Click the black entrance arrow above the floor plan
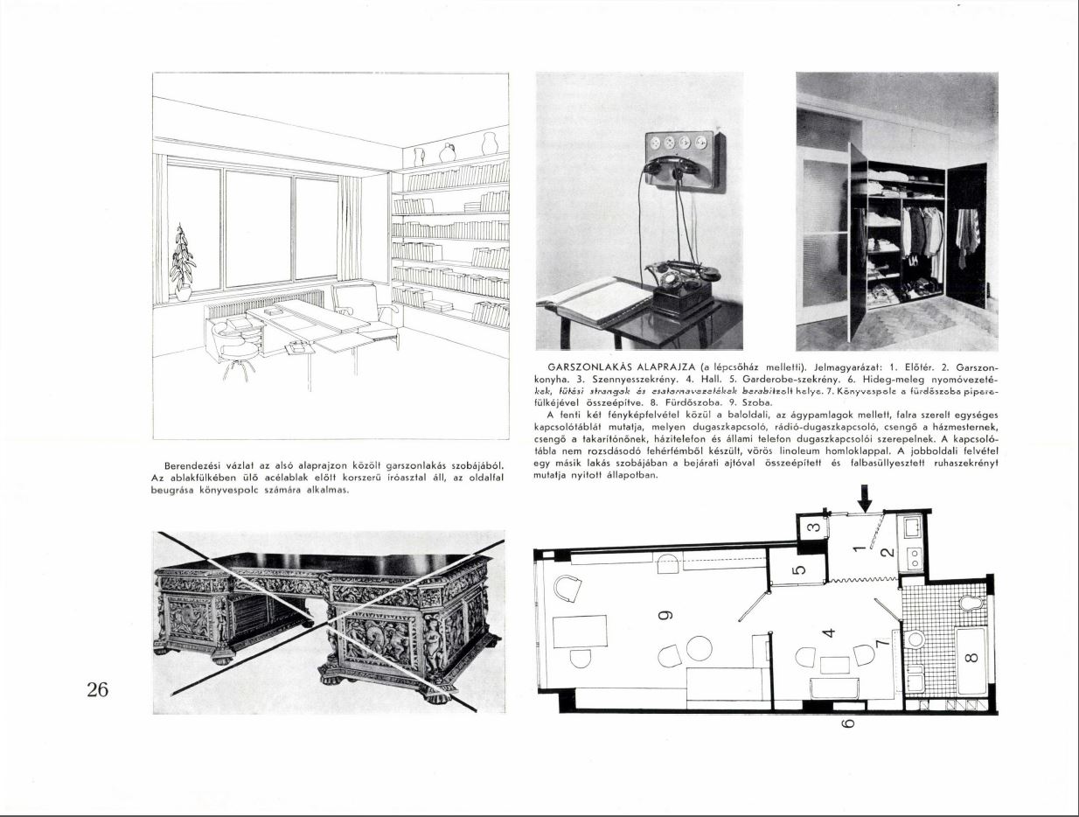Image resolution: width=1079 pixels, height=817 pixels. pos(865,499)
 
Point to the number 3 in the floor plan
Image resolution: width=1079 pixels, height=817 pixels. pos(811,527)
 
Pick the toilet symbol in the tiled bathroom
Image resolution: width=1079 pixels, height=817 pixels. pos(970,603)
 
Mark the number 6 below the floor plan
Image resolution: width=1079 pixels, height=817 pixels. pos(847,723)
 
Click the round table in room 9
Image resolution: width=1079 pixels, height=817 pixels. pos(700,648)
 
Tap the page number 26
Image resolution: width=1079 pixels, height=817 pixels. pos(97,689)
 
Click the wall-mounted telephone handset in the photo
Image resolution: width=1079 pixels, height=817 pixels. pos(674,166)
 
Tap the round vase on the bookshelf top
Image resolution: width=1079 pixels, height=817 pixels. pos(447,152)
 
